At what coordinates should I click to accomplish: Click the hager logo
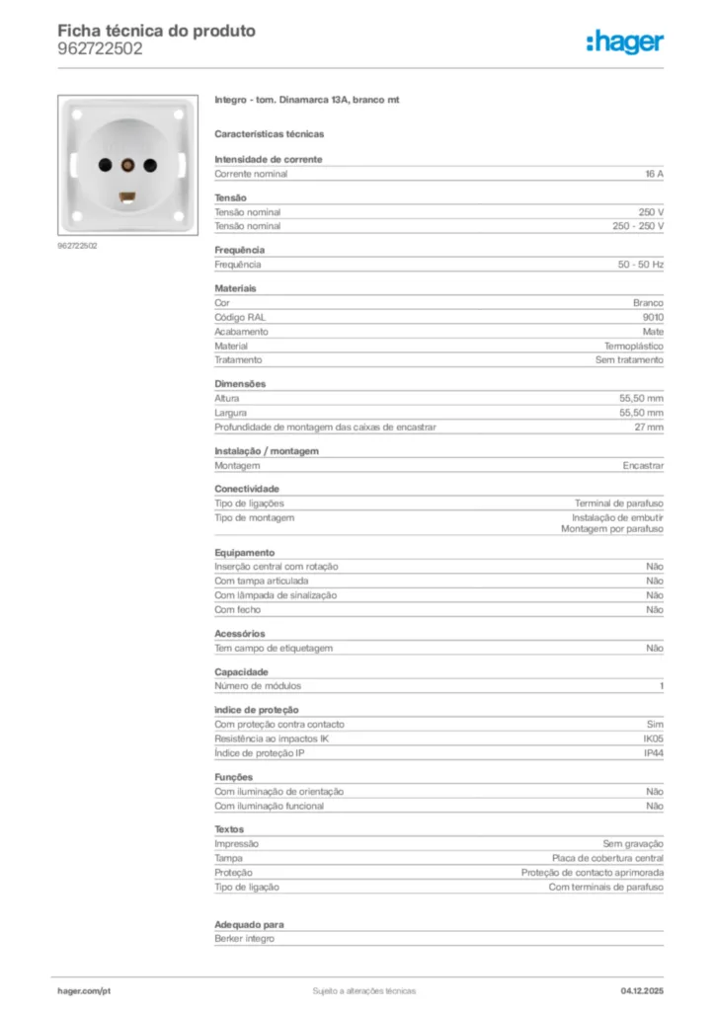[x=625, y=41]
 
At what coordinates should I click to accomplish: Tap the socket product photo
[x=125, y=165]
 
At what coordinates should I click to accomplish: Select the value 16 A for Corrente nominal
[x=654, y=174]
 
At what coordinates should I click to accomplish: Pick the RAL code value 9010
[x=653, y=317]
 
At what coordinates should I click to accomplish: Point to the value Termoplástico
[x=634, y=347]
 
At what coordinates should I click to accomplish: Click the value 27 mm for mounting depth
[x=649, y=428]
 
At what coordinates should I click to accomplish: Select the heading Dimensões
[x=240, y=383]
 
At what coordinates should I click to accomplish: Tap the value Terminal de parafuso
[x=619, y=504]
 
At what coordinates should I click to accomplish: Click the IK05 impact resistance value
[x=653, y=739]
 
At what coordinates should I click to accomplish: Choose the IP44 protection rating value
[x=653, y=753]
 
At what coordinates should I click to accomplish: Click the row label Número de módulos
[x=258, y=686]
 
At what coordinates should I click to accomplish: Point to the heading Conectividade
[x=247, y=489]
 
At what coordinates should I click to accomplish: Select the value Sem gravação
[x=633, y=844]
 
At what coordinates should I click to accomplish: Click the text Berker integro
[x=244, y=939]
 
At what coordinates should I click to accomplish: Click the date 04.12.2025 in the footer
[x=642, y=990]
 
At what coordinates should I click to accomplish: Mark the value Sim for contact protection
[x=655, y=725]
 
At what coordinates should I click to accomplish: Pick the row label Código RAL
[x=240, y=317]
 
